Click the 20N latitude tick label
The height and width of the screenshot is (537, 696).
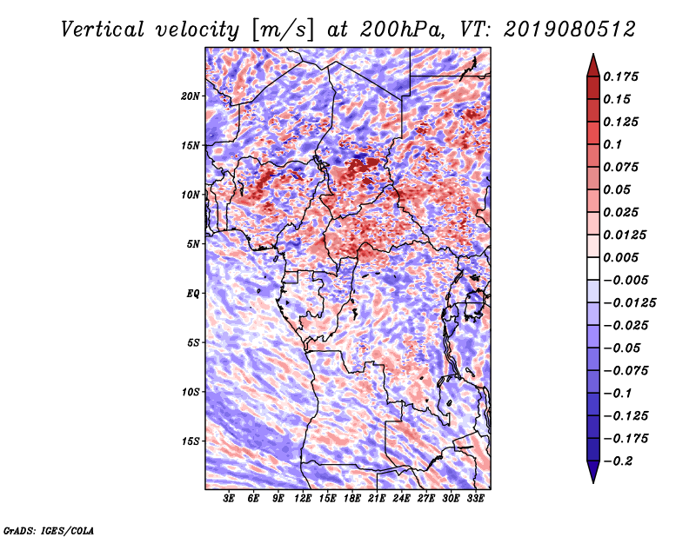click(191, 96)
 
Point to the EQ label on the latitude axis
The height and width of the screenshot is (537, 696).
click(193, 294)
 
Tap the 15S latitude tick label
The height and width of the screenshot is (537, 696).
click(191, 441)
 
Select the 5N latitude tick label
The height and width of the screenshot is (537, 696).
click(193, 244)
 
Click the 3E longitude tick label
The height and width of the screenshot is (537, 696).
click(229, 499)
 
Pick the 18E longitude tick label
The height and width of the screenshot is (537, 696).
click(351, 499)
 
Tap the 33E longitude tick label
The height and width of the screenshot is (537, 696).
click(475, 499)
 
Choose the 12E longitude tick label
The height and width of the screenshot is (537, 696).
click(302, 499)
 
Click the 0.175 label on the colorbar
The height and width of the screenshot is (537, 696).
click(620, 76)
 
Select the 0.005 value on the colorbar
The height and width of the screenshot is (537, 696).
click(620, 257)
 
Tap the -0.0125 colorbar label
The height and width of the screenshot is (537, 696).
click(629, 303)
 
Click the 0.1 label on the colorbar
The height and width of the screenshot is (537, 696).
click(612, 144)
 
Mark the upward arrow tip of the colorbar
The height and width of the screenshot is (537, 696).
click(593, 54)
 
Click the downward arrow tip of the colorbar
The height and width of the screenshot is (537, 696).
click(593, 482)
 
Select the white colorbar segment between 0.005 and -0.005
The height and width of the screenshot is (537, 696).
click(593, 268)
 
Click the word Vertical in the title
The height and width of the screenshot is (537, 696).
click(103, 30)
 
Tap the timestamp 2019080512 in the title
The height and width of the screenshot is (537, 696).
click(570, 30)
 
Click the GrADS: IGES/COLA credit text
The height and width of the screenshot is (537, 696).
click(49, 531)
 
